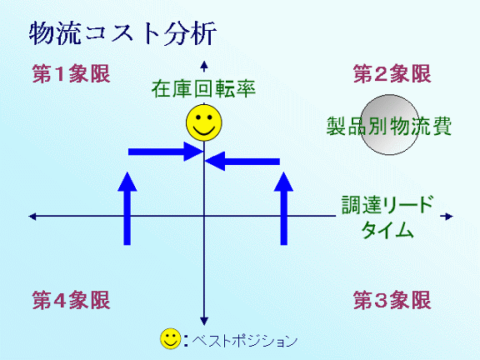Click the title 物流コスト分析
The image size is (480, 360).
[x=122, y=33]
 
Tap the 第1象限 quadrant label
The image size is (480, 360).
[x=72, y=74]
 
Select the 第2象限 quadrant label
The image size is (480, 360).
[x=392, y=74]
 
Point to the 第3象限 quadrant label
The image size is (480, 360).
[x=392, y=300]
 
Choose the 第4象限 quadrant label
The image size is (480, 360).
[x=72, y=300]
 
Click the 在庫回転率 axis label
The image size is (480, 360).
[x=203, y=89]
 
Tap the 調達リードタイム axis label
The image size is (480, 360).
[x=387, y=217]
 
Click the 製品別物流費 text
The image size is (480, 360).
[x=389, y=126]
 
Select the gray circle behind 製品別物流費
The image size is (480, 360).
[x=389, y=125]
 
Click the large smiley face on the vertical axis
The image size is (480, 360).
[x=204, y=122]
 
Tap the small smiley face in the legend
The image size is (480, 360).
[x=171, y=339]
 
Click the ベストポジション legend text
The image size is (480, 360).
[x=245, y=340]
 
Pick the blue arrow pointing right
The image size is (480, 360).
[x=166, y=152]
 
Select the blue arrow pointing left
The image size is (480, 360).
[x=242, y=161]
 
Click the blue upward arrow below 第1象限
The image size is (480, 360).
[x=127, y=208]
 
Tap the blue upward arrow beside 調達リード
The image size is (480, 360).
[x=284, y=208]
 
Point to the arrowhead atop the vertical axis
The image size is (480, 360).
[x=204, y=65]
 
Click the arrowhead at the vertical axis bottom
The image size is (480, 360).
[x=204, y=321]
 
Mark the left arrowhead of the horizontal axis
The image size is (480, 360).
[x=32, y=217]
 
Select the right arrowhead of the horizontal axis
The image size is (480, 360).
[x=449, y=217]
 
